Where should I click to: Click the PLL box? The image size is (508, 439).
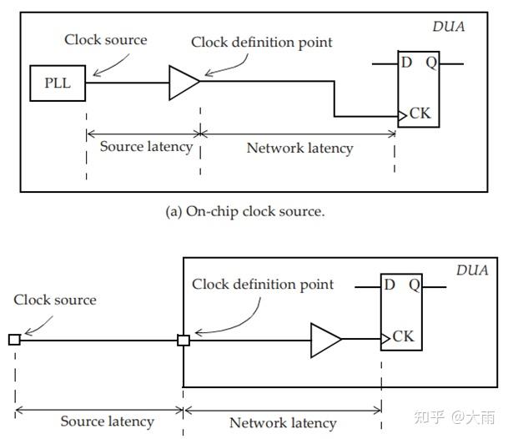click(58, 83)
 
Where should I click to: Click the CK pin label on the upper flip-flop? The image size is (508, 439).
click(420, 114)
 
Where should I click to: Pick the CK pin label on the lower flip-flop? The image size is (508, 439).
click(403, 337)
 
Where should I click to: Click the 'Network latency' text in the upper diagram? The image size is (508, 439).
click(299, 149)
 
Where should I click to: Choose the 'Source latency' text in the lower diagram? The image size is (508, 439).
click(108, 421)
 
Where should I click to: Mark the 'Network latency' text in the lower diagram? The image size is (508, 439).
click(283, 423)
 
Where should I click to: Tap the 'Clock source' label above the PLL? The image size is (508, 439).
click(106, 39)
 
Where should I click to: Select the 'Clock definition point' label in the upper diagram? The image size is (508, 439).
click(261, 42)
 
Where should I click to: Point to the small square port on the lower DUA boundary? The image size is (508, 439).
click(184, 340)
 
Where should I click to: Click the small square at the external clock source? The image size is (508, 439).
click(14, 340)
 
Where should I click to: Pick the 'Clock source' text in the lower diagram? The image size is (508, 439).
click(55, 300)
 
